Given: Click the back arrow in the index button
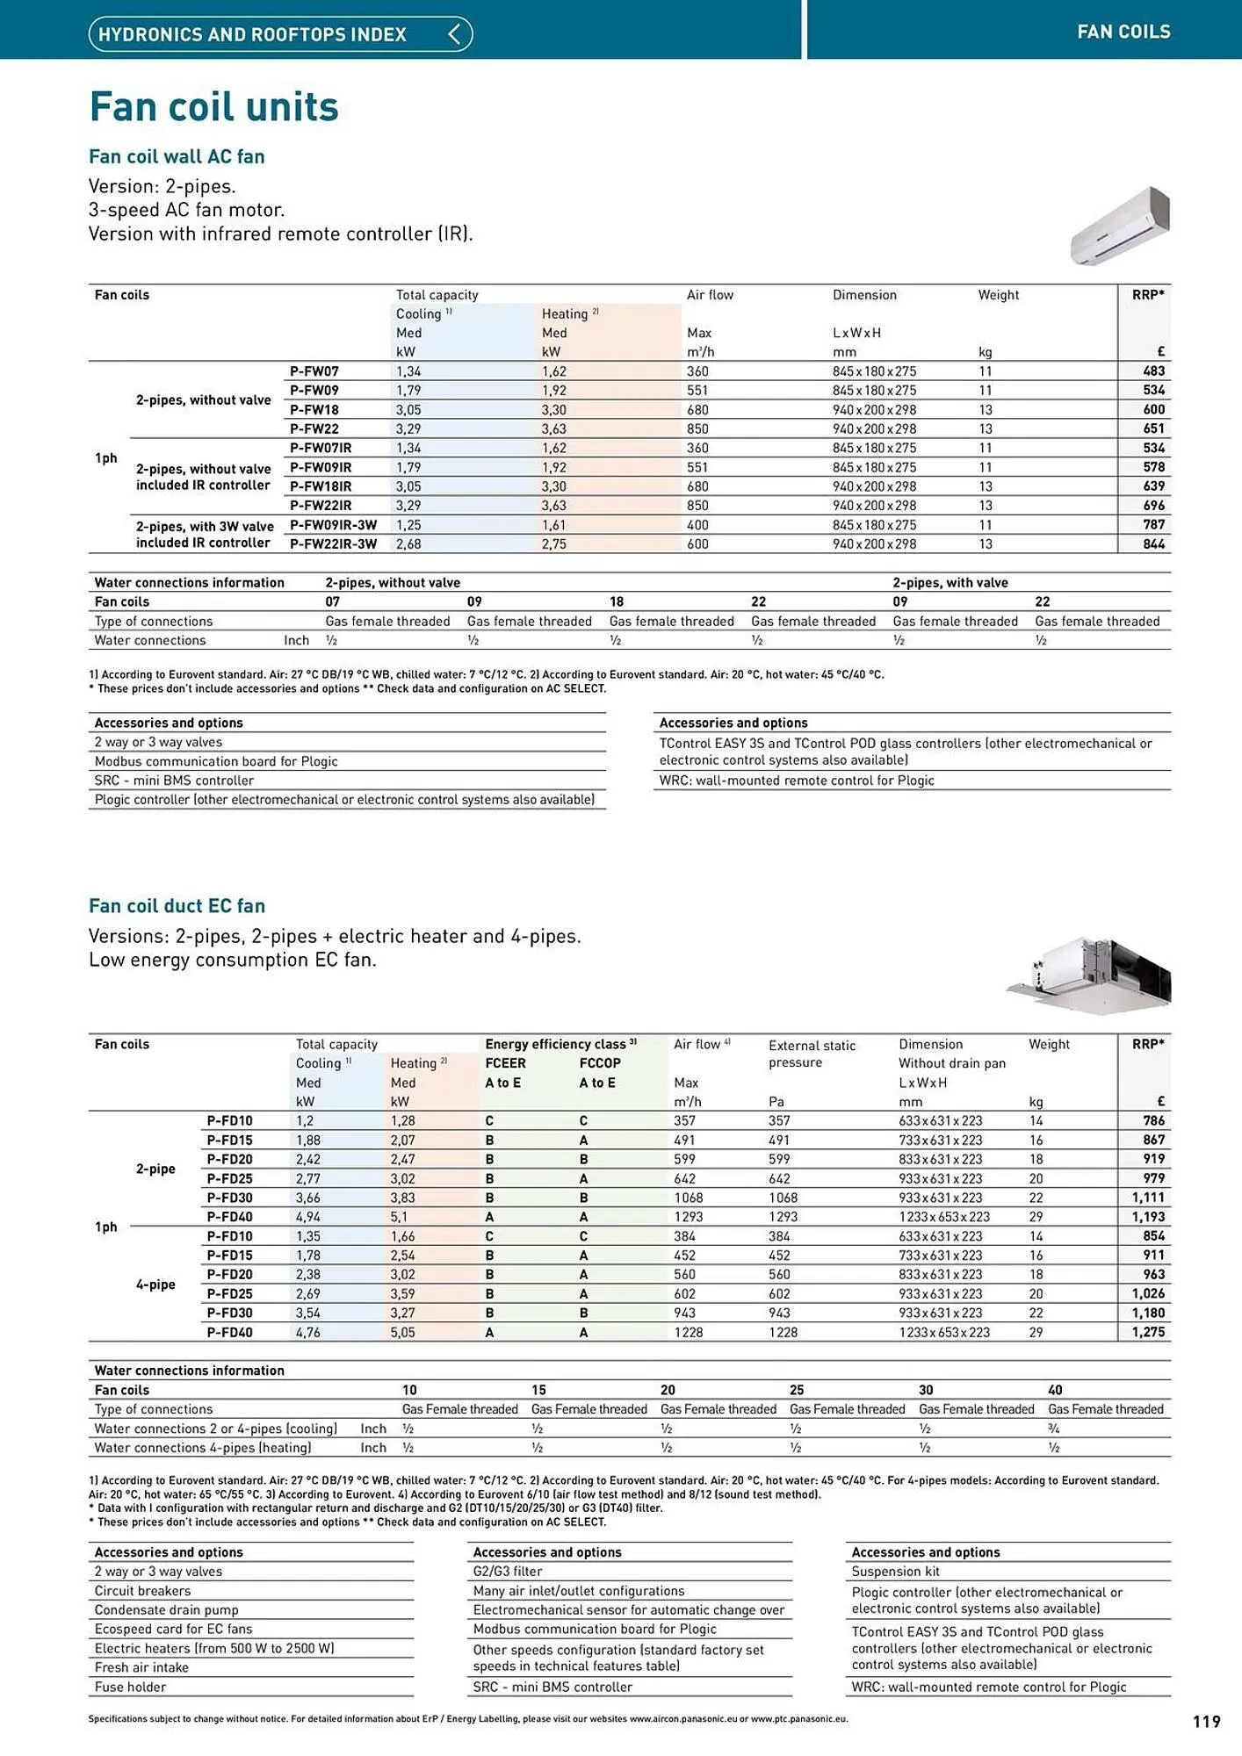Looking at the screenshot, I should click(454, 34).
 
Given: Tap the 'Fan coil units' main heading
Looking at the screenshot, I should click(213, 107).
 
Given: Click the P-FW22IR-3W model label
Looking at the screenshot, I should click(333, 544).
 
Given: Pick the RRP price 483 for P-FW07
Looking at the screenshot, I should click(1153, 371).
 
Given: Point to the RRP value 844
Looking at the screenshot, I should click(1153, 544).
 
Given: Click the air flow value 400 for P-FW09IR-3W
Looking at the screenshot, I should click(697, 525).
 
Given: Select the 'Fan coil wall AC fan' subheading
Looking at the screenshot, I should click(177, 156).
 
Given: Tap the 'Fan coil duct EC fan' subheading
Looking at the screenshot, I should click(177, 906).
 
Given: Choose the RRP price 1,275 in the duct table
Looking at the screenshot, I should click(1148, 1332).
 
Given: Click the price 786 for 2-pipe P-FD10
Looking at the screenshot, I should click(1153, 1121).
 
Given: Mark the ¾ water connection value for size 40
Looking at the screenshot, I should click(1054, 1429).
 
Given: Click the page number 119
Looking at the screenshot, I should click(1207, 1722).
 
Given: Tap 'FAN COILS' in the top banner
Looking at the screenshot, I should click(1123, 32).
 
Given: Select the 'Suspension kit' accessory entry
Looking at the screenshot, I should click(895, 1572).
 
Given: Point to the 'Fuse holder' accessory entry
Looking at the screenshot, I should click(130, 1687).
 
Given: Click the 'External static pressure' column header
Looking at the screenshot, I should click(811, 1054).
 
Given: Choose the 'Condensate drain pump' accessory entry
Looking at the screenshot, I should click(166, 1609).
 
